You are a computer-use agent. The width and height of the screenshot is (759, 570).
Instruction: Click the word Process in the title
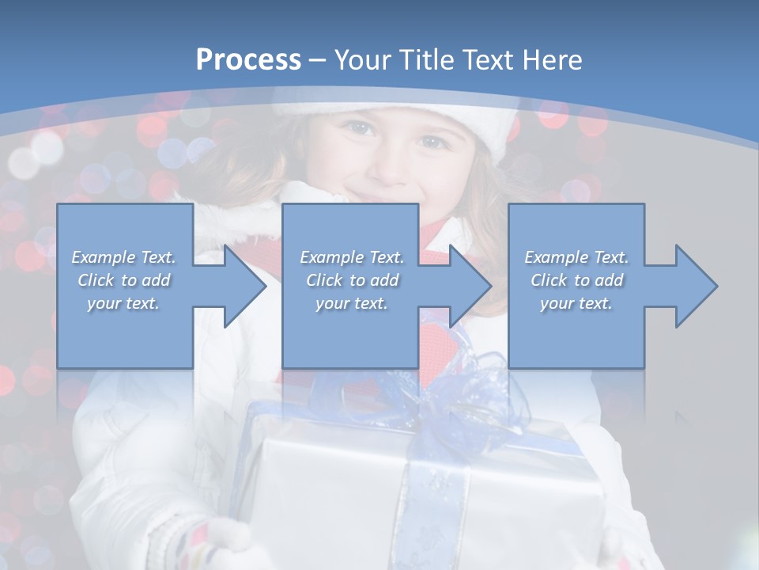tap(248, 59)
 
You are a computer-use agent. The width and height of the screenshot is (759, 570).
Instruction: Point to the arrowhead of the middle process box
tap(469, 286)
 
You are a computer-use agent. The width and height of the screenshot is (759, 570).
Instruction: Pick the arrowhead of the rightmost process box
tap(695, 286)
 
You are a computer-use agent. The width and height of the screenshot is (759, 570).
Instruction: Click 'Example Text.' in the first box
tap(124, 257)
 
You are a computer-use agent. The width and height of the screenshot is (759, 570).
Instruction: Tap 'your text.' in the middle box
tap(352, 303)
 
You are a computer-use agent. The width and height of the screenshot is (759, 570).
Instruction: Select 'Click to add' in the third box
tap(577, 280)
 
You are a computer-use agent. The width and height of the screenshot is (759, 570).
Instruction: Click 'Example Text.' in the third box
tap(577, 257)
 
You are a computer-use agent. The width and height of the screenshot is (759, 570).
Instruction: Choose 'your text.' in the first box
tap(124, 303)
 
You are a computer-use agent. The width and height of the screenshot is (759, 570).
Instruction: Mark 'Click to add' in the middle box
tap(352, 280)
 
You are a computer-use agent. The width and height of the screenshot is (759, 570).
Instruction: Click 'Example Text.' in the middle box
tap(352, 257)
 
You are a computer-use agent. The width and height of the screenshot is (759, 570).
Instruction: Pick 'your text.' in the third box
tap(577, 303)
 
